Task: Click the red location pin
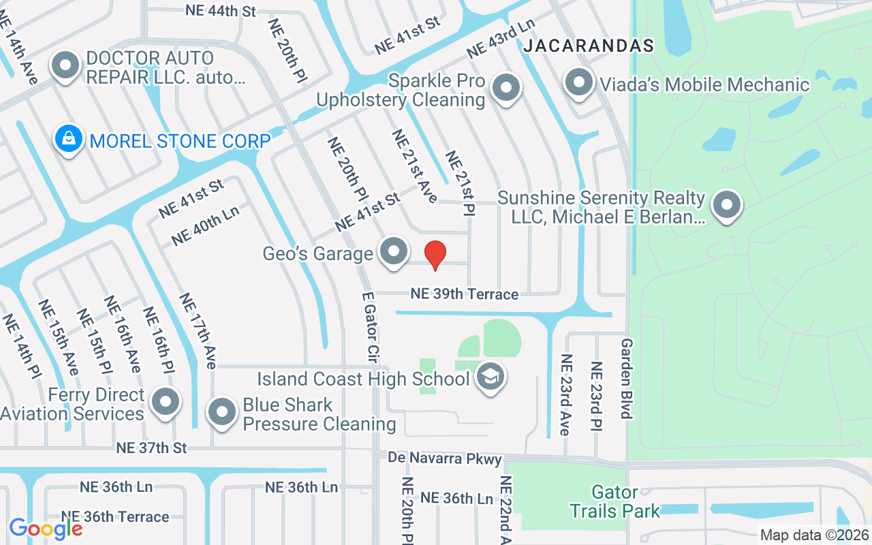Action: (435, 255)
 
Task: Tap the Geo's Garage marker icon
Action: (393, 251)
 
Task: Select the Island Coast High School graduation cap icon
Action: (490, 376)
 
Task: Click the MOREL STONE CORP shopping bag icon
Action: (69, 139)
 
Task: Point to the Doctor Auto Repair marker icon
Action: (66, 66)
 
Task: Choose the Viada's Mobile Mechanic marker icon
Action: (579, 83)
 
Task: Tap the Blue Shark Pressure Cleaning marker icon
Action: (221, 411)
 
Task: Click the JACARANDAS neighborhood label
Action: (589, 46)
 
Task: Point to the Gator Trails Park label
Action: (615, 501)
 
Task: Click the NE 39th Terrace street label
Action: (464, 294)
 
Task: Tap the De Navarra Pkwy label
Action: (445, 458)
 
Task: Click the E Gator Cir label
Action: (371, 326)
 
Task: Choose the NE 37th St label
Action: (151, 448)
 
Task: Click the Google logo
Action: (46, 529)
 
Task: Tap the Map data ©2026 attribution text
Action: (814, 535)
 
